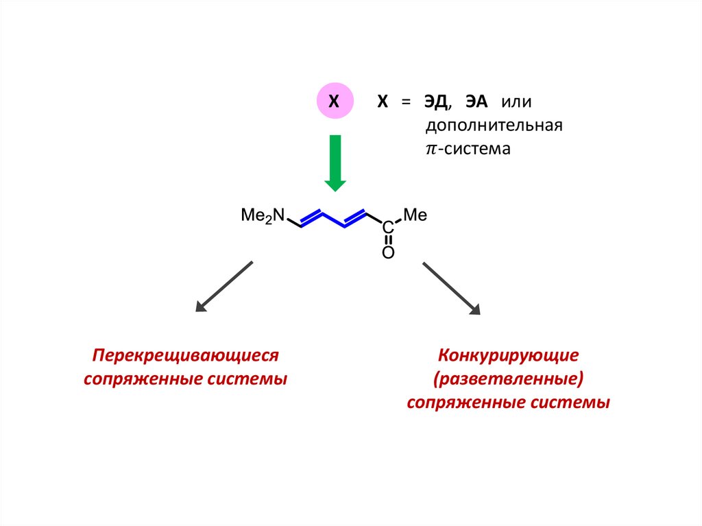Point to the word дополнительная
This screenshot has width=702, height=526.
(494, 125)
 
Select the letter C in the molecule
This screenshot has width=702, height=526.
(387, 227)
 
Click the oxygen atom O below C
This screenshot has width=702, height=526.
(387, 253)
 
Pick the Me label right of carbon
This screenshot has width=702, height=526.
(414, 215)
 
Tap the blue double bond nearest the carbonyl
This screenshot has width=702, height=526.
(355, 217)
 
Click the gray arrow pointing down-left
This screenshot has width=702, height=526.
(224, 287)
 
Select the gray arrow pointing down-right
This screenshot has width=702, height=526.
(451, 288)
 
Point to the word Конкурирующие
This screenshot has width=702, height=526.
(508, 356)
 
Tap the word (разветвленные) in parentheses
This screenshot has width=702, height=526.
(508, 379)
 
